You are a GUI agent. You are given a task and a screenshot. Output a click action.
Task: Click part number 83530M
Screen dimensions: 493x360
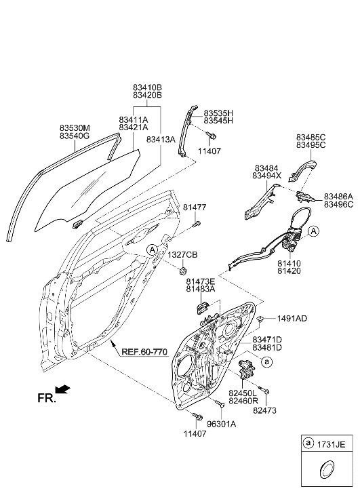[x=75, y=127]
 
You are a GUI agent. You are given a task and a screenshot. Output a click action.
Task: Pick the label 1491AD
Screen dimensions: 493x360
[x=292, y=318]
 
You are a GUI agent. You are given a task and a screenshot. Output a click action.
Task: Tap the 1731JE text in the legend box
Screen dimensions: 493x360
[x=334, y=444]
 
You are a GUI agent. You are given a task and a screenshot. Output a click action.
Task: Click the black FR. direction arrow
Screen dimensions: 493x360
[x=62, y=389]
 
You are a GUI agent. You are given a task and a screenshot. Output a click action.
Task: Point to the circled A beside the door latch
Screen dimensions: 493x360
[x=313, y=232]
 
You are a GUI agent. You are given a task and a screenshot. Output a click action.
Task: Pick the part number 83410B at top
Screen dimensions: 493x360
[x=147, y=87]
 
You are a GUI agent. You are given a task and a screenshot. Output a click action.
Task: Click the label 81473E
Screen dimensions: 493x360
[x=201, y=281]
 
